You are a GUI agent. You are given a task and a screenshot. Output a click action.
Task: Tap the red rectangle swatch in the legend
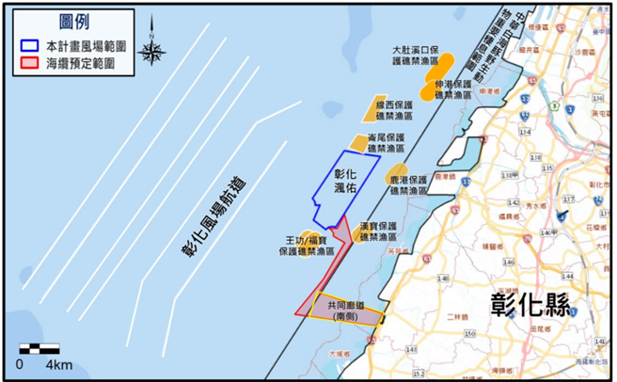tap(30, 63)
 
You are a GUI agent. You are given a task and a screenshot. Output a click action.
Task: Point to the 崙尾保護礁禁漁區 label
tap(386, 143)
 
